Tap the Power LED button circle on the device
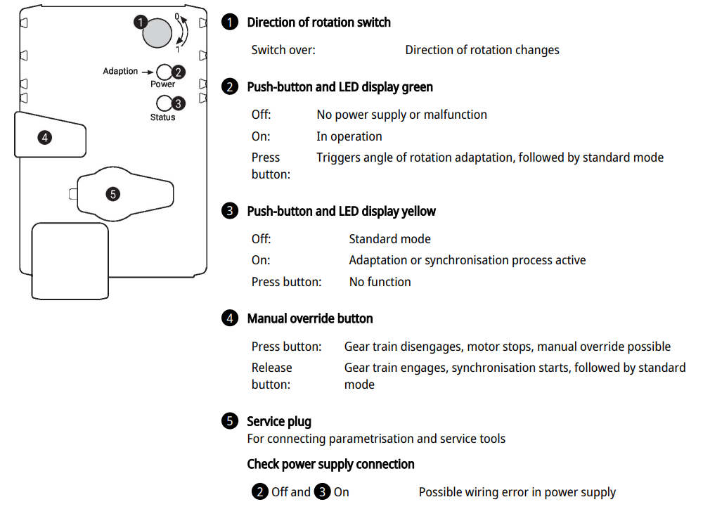165,72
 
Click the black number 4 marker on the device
44,137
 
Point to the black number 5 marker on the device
113,193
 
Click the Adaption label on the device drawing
120,71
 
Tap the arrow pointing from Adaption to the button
148,72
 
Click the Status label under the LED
162,117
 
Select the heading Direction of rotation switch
318,22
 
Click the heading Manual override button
309,318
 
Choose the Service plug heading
278,422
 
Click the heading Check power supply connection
330,464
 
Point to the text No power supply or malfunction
401,115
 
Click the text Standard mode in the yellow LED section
389,239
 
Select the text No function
380,282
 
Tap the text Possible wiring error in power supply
517,492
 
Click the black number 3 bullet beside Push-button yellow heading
230,211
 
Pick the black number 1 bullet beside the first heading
230,22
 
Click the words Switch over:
283,50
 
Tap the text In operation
349,136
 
